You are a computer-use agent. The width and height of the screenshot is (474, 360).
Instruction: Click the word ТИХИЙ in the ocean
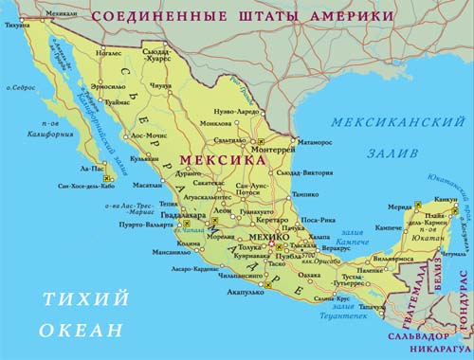(85, 300)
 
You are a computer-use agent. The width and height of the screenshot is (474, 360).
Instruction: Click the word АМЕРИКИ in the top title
(337, 17)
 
